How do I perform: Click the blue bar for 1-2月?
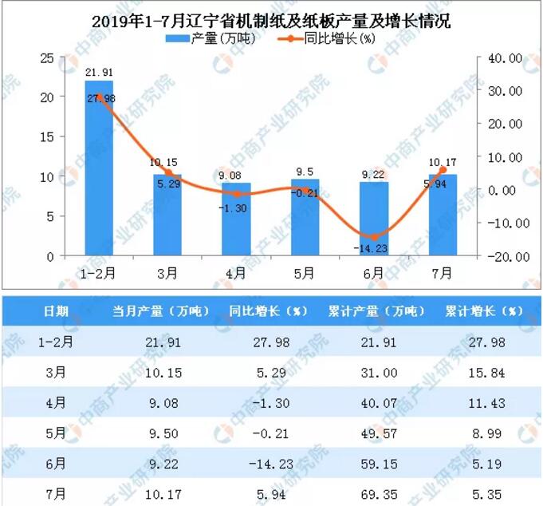[x=99, y=168]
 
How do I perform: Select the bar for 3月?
[x=167, y=215]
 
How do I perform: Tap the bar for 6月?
[x=373, y=219]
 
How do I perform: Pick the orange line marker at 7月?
[x=443, y=170]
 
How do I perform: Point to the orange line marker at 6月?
[x=374, y=237]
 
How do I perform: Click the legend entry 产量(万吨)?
[x=198, y=38]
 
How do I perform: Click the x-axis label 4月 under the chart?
[x=236, y=273]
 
